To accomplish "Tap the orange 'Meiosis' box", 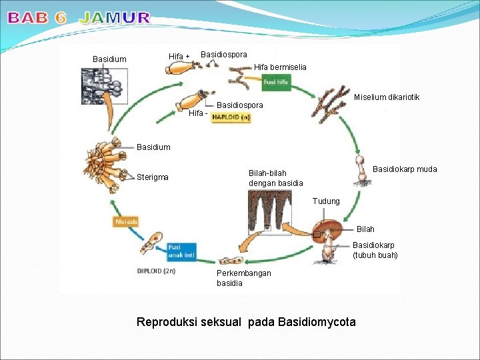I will point(127,221).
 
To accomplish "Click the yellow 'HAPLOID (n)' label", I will point(231,117).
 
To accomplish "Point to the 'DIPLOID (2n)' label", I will point(157,271).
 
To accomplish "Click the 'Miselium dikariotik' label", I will point(387,97).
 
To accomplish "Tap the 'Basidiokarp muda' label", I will point(405,169).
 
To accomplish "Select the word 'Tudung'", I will point(326,201).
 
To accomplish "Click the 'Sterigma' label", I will point(153,177).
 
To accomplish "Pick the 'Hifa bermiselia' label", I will point(280,67).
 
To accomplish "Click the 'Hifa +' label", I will point(179,57).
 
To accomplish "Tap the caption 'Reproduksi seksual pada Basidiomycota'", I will point(246,323).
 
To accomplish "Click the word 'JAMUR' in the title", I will point(115,19).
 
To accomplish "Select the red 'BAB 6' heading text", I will point(37,19).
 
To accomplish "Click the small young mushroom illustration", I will point(361,170).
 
